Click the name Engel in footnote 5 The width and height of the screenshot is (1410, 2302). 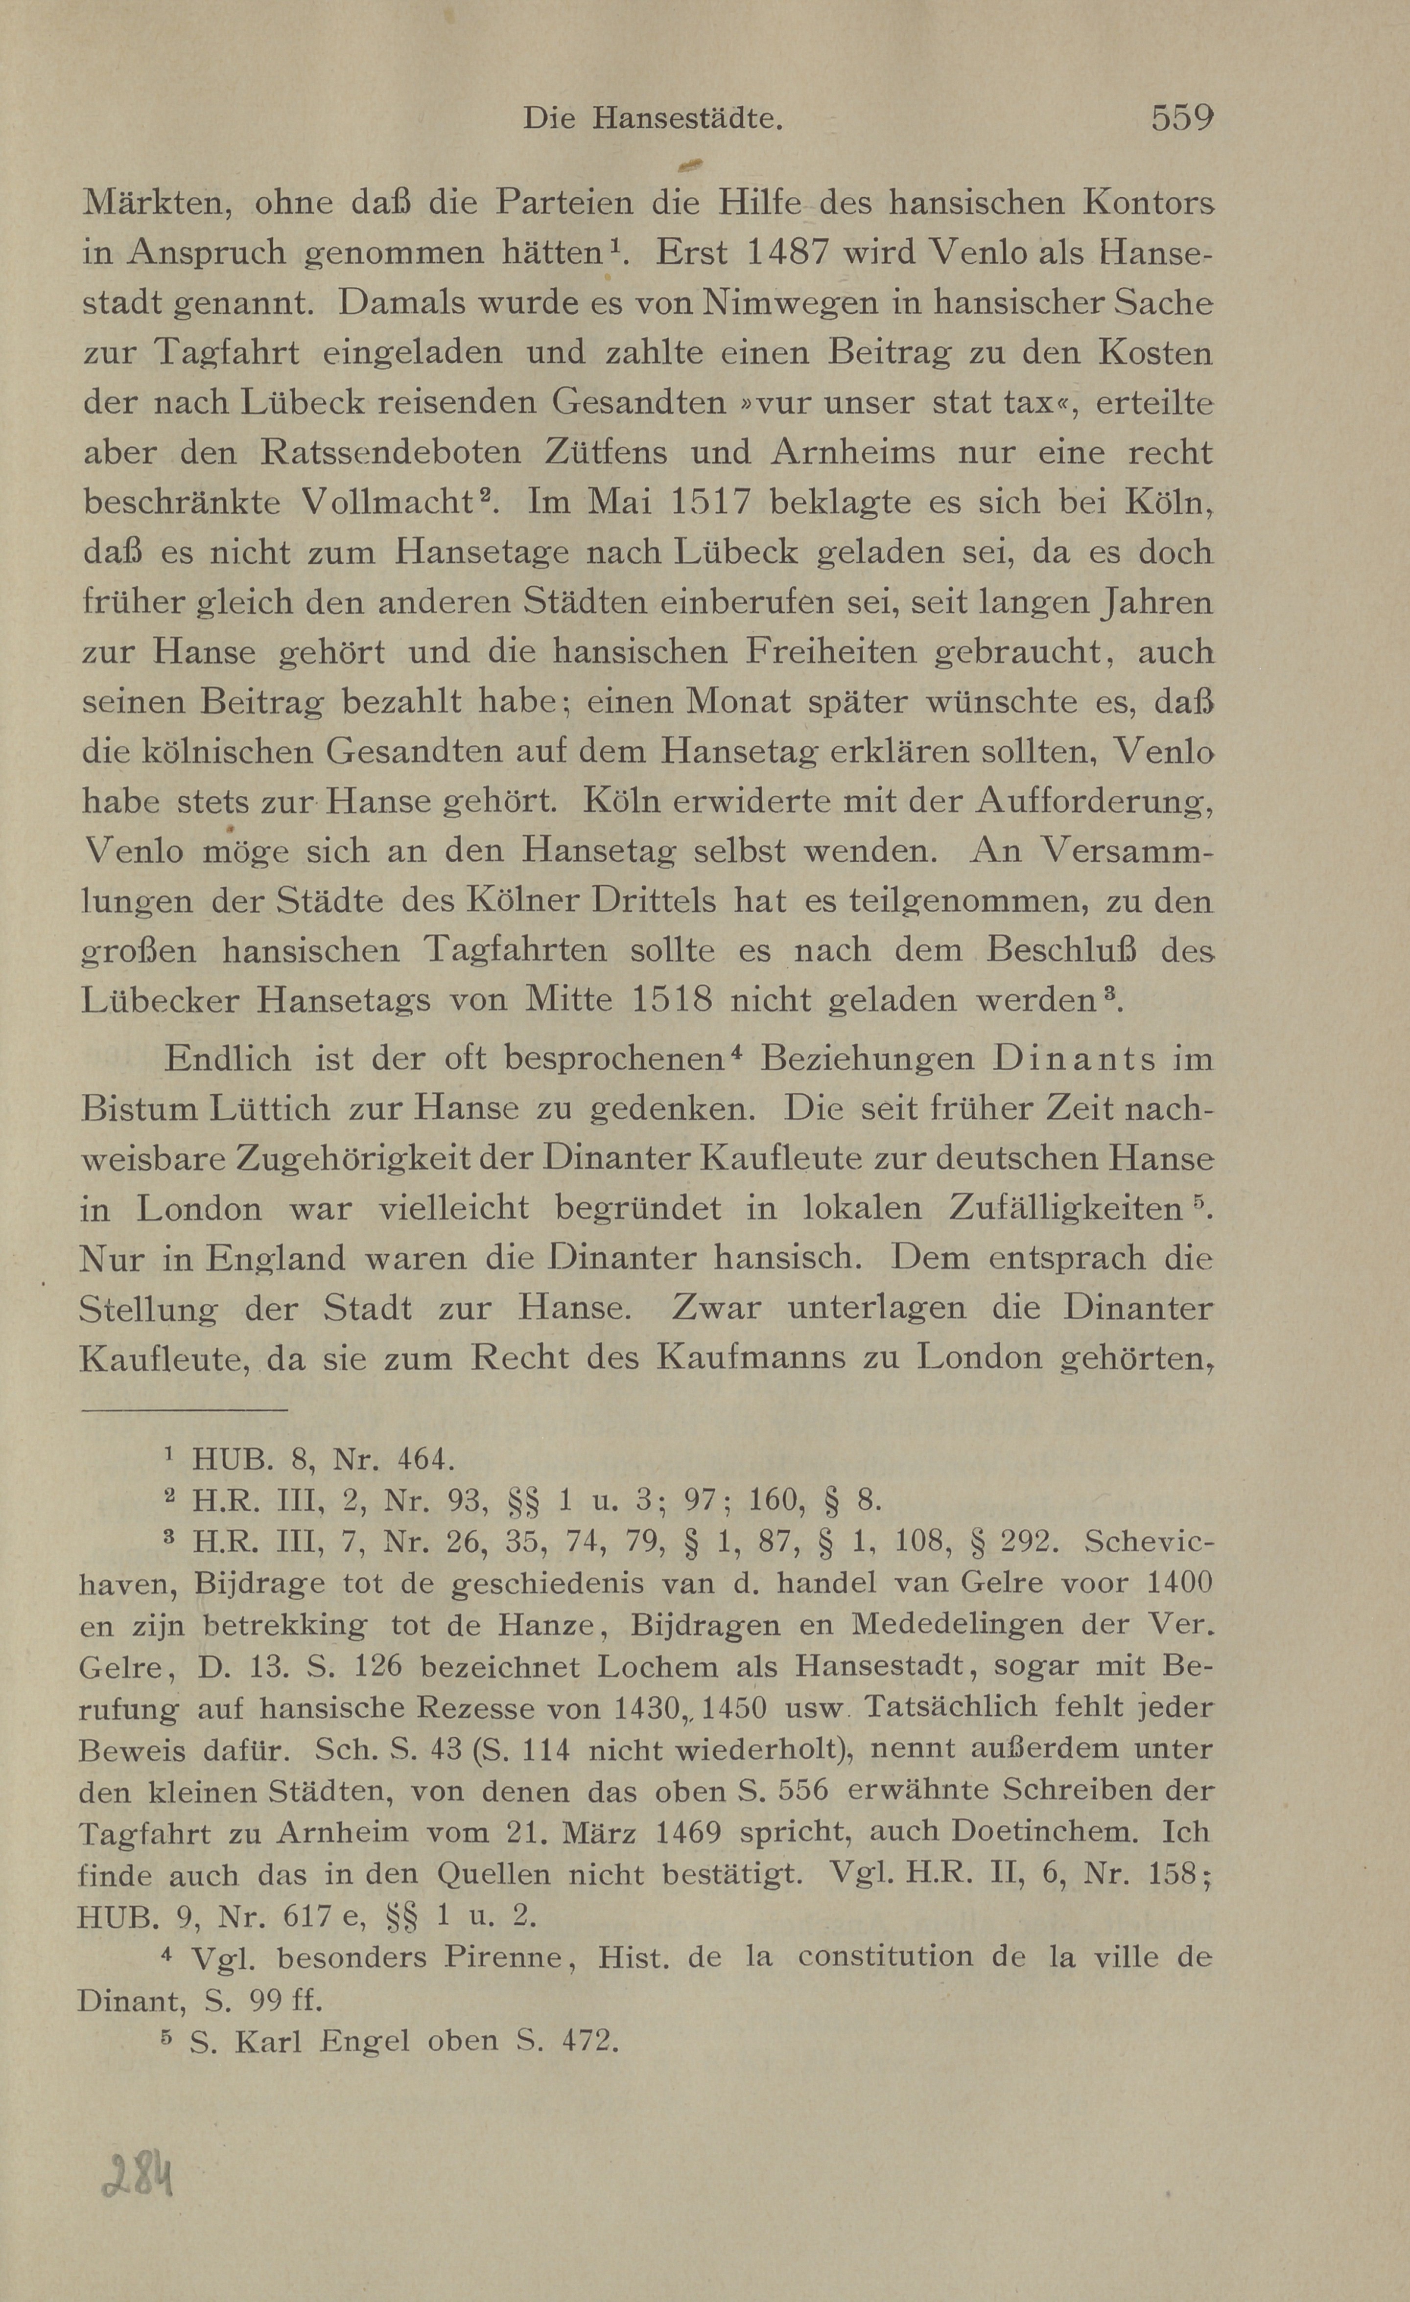coord(364,2041)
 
